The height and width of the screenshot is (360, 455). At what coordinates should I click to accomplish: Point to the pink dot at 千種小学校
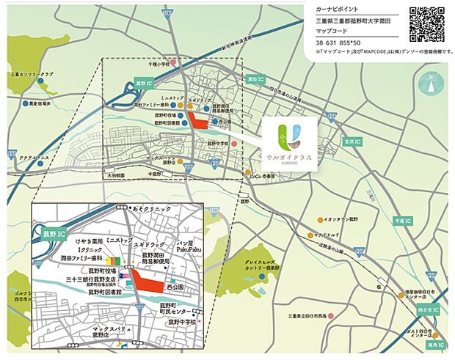(174, 64)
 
